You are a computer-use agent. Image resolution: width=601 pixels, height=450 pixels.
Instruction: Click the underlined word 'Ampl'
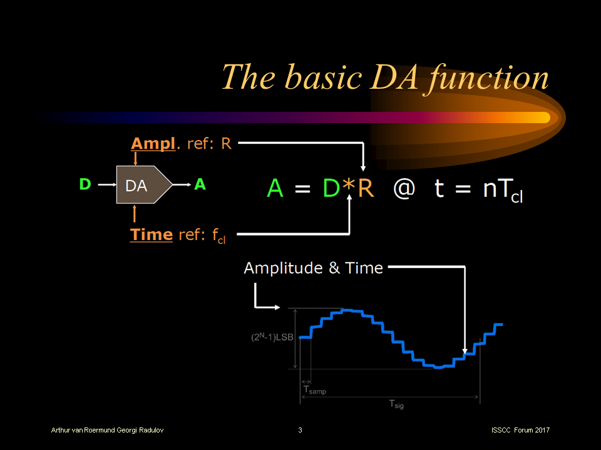pyautogui.click(x=152, y=144)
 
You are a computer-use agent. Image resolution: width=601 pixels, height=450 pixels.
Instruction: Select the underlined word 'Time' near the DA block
pyautogui.click(x=151, y=234)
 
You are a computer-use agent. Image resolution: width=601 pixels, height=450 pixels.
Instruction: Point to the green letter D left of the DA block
pyautogui.click(x=85, y=184)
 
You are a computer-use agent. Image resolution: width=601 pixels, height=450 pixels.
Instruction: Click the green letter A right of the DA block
pyautogui.click(x=200, y=184)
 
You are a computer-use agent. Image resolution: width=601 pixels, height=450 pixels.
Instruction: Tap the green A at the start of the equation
pyautogui.click(x=275, y=188)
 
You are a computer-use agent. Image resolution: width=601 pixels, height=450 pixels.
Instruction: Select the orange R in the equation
pyautogui.click(x=366, y=188)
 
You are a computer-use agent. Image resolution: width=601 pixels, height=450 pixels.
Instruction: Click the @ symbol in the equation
pyautogui.click(x=404, y=188)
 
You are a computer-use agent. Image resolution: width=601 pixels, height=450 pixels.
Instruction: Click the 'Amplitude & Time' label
pyautogui.click(x=313, y=268)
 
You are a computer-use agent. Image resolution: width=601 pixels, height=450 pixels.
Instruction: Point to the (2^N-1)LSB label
pyautogui.click(x=272, y=337)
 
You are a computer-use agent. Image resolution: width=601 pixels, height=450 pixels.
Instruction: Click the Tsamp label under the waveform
pyautogui.click(x=314, y=391)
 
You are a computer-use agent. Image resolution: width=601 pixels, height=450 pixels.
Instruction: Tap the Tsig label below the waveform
pyautogui.click(x=396, y=405)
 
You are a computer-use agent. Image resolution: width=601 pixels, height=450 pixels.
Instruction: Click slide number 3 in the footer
pyautogui.click(x=300, y=431)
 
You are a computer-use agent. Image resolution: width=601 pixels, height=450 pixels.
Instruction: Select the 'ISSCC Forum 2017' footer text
pyautogui.click(x=520, y=431)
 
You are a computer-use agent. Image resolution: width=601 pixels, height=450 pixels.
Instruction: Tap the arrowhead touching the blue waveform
pyautogui.click(x=465, y=351)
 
